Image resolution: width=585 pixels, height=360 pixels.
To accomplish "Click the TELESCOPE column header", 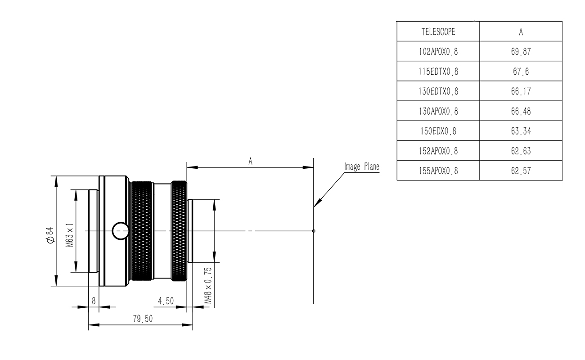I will click(x=438, y=32).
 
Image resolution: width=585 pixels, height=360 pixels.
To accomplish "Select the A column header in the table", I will click(x=521, y=32).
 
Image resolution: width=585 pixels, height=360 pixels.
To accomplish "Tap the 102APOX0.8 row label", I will click(x=438, y=52).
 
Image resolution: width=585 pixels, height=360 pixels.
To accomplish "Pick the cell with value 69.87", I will click(x=521, y=52).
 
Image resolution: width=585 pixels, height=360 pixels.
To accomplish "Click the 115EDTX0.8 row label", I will click(x=438, y=72).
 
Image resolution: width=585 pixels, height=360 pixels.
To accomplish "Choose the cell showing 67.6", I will click(x=521, y=72).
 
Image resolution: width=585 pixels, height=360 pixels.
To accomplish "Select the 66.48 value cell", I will click(x=521, y=112).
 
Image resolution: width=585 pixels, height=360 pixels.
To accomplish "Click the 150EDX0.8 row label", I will click(x=438, y=131).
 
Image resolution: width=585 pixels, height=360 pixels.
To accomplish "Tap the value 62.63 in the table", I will click(x=521, y=151).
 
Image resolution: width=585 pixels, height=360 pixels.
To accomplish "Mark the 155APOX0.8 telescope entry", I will click(x=438, y=171).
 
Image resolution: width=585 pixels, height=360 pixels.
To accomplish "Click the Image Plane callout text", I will click(x=361, y=167).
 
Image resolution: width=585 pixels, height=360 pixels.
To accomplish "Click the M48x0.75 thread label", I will click(x=207, y=285).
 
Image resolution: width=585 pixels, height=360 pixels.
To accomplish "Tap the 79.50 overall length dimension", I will click(x=143, y=319).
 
